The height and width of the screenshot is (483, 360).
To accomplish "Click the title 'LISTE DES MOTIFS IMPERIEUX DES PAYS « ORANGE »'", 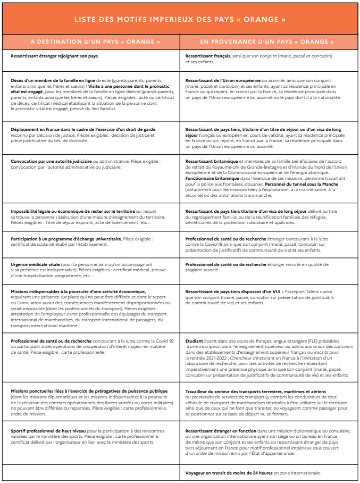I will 180,20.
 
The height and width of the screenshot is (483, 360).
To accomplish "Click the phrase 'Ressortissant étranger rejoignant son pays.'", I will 55,56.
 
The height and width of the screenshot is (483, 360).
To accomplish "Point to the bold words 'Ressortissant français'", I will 208,56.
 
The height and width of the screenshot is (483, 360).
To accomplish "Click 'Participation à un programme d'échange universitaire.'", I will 66,239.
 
